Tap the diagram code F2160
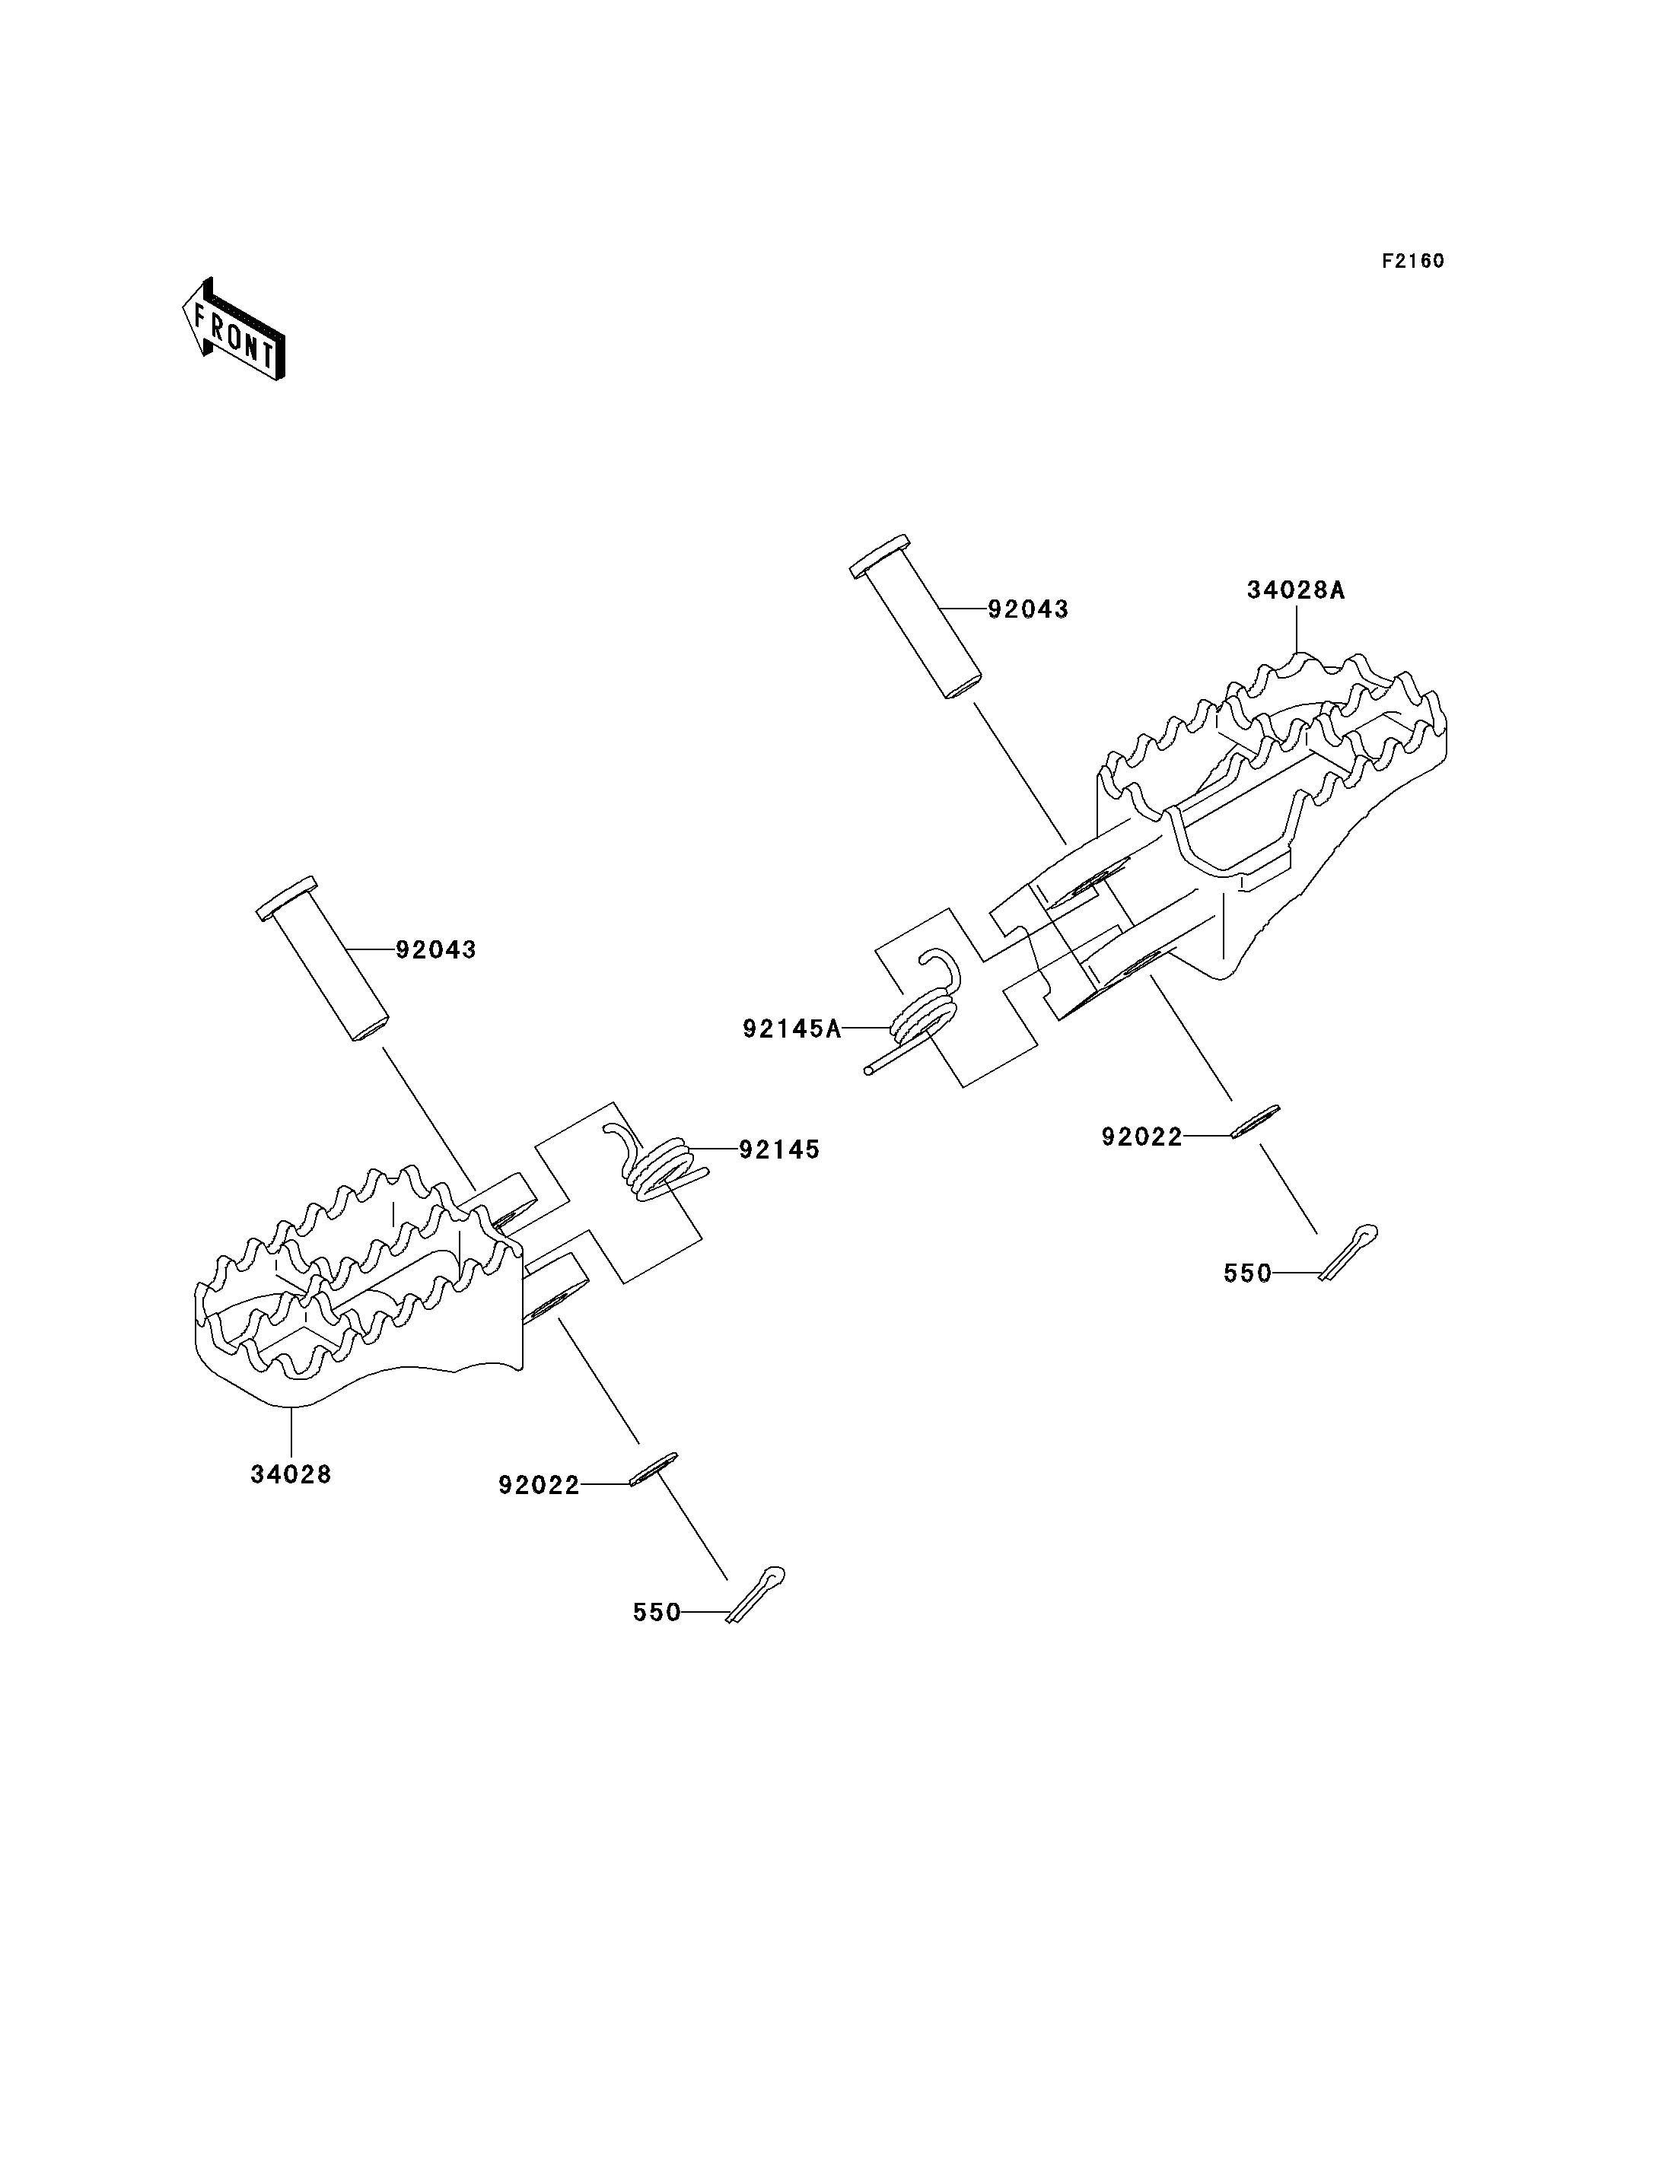pos(1413,261)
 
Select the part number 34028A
pos(1296,590)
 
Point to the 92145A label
pos(792,1029)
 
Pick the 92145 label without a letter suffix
pos(779,1149)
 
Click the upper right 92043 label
pos(1029,609)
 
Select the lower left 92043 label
pos(436,950)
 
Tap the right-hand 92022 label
pos(1141,1137)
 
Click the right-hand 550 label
pos(1248,1273)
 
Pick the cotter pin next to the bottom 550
pos(756,1594)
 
